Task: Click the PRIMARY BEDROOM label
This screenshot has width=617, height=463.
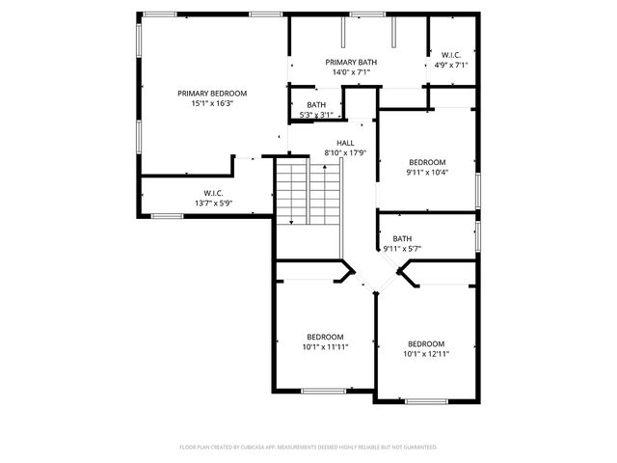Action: point(212,94)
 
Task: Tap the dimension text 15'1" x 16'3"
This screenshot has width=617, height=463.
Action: point(212,103)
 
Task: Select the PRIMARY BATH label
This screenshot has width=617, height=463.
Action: point(351,62)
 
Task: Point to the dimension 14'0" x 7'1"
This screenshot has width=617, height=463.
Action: point(351,71)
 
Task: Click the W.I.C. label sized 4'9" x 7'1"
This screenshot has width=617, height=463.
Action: point(451,55)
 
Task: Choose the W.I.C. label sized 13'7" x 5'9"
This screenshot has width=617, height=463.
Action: point(213,193)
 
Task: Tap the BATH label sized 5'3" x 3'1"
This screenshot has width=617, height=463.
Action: point(316,105)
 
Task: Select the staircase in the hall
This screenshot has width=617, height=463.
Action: point(308,193)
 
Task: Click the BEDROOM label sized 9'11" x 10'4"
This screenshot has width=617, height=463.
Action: point(427,162)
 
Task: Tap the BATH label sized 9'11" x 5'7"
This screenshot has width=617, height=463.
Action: point(402,238)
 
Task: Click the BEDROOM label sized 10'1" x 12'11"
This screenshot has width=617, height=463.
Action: point(426,344)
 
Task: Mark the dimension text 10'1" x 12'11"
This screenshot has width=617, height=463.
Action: point(426,354)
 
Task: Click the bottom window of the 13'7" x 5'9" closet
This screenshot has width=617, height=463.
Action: point(167,215)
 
